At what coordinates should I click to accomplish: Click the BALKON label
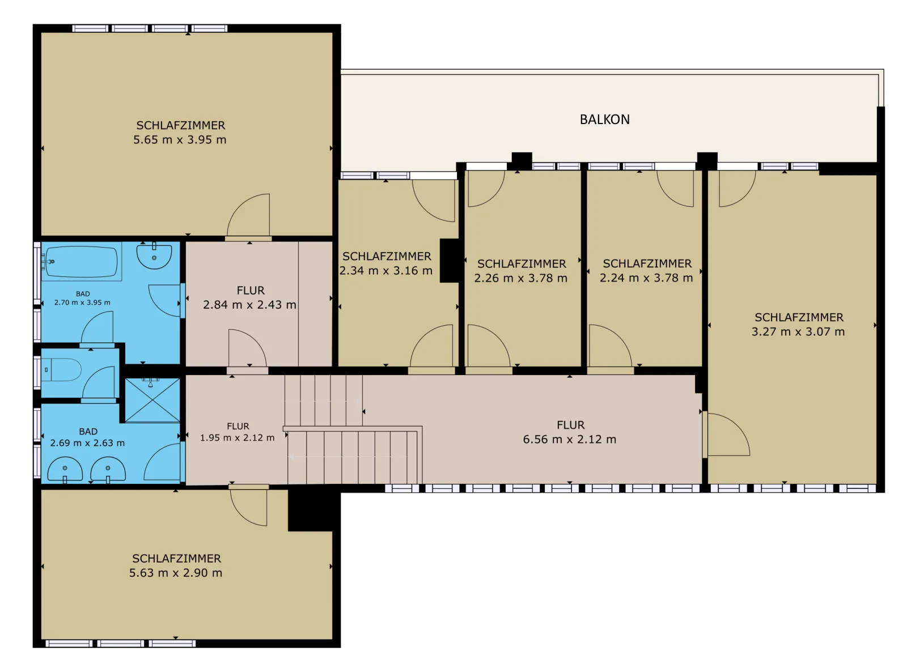coord(604,120)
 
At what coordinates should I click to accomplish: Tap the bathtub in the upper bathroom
coord(82,262)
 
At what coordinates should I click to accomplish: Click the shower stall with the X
coord(152,400)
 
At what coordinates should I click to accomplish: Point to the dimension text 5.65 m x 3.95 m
coord(180,139)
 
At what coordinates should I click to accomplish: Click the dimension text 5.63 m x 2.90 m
coord(176,573)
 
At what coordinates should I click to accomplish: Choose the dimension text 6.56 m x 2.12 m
coord(570,439)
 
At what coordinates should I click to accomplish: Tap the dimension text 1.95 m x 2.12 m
coord(238,437)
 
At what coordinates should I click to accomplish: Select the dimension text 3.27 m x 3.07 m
coord(798,331)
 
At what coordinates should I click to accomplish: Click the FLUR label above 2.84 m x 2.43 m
coord(251,290)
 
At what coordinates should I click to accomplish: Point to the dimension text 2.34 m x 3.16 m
coord(386,270)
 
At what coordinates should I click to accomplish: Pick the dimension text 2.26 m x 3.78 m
coord(521,278)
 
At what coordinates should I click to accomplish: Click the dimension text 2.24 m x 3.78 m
coord(646,278)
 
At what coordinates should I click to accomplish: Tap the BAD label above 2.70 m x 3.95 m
coord(83,294)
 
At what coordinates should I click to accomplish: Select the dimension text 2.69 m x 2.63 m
coord(87,442)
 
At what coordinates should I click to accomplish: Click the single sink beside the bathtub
coord(154,256)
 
